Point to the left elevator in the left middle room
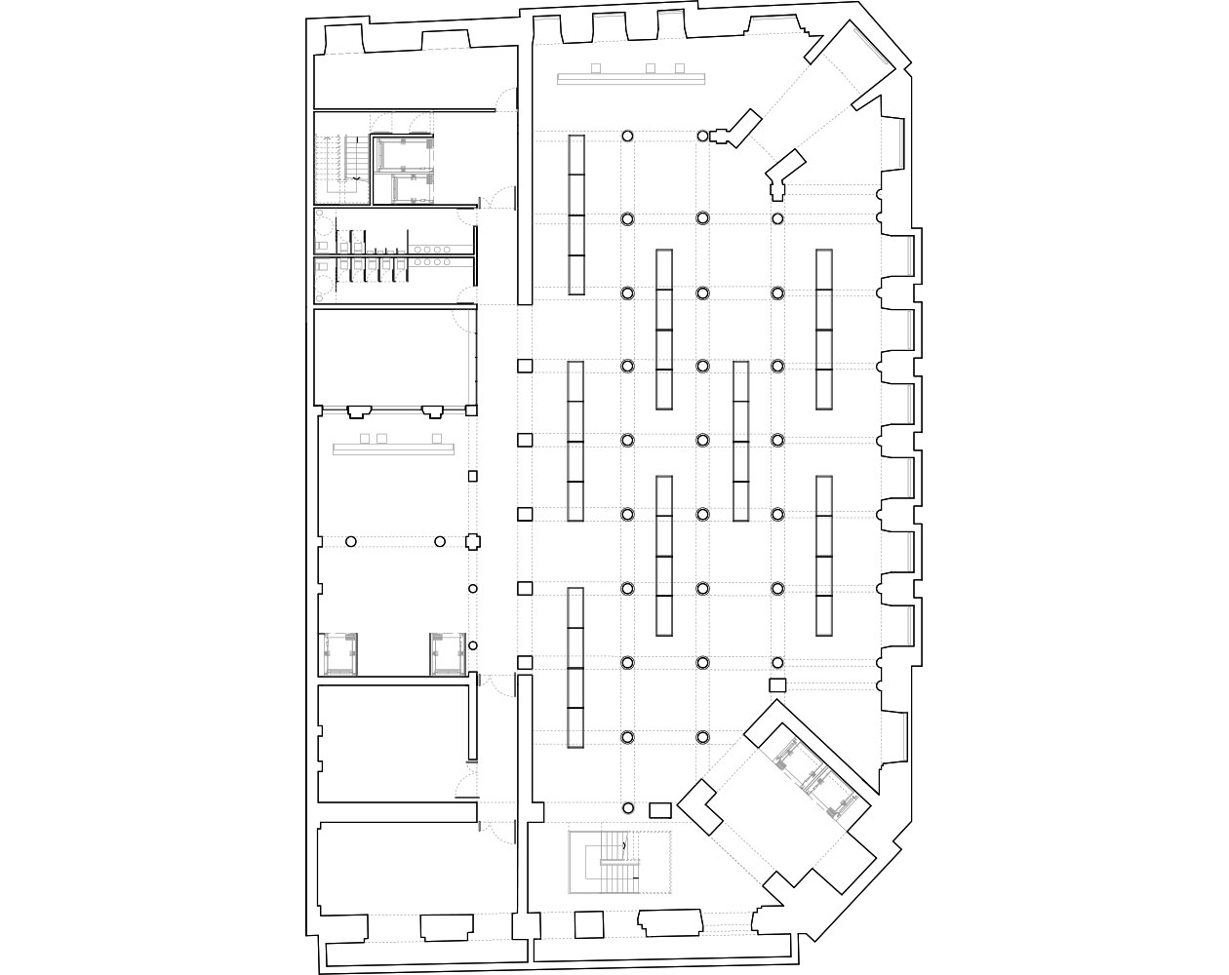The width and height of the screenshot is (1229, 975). click(340, 653)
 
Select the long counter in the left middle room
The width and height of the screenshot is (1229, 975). click(395, 449)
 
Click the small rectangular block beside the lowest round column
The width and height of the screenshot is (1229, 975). click(660, 809)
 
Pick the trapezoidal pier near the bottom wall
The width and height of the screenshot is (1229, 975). click(670, 922)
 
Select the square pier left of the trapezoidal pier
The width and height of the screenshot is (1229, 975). click(588, 923)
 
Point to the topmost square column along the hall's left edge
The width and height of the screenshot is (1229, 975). click(524, 366)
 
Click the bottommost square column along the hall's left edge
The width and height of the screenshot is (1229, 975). click(524, 663)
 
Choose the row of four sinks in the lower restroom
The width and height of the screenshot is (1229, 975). click(430, 262)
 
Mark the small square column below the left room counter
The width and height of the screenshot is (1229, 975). click(473, 477)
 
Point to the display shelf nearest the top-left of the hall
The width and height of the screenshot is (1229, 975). click(576, 214)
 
